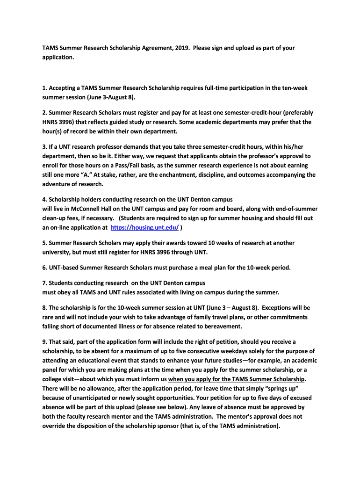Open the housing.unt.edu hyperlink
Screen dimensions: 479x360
coord(144,227)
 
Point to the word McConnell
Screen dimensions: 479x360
coord(82,209)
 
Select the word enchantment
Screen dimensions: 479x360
coord(183,175)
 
